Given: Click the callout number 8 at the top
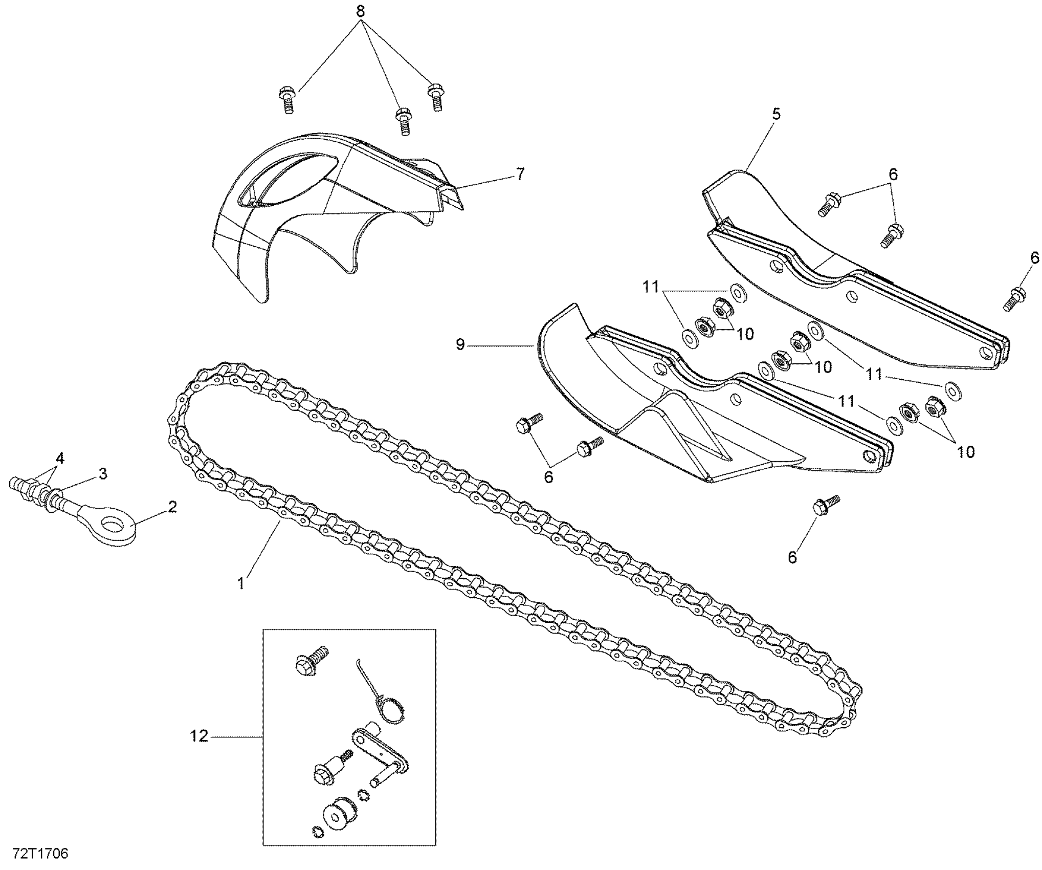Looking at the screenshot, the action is [x=361, y=11].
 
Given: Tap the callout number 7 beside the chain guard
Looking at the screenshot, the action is [x=520, y=174].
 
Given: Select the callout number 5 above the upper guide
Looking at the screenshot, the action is [x=776, y=114].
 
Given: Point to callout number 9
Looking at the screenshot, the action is [x=460, y=345].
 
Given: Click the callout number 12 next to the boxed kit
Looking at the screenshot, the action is [x=199, y=736].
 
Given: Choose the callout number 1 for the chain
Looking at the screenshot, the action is [x=241, y=583].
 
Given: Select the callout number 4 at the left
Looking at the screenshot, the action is [x=60, y=458].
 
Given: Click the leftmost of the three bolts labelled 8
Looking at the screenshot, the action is [x=287, y=100].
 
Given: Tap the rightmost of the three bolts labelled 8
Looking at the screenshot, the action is [x=435, y=96].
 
